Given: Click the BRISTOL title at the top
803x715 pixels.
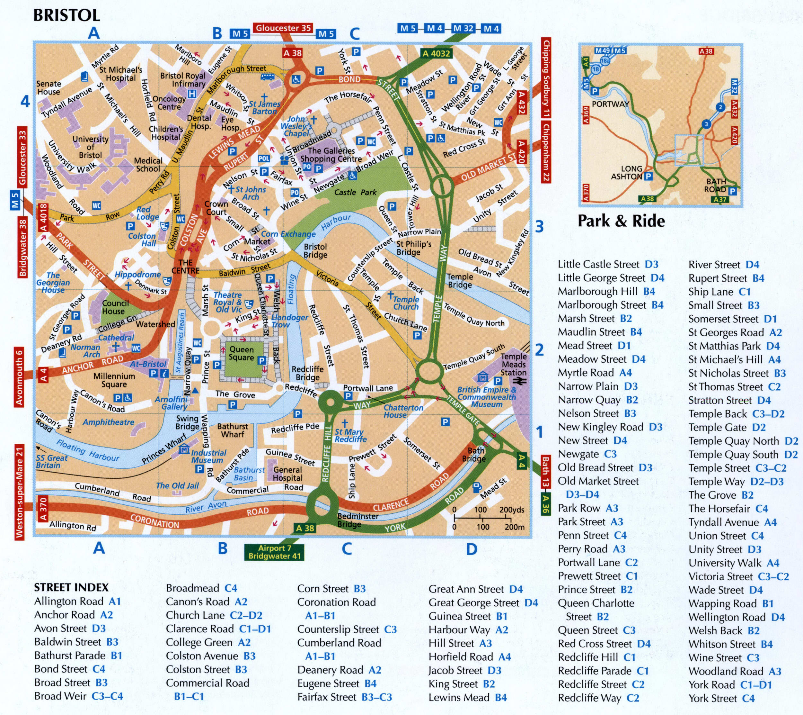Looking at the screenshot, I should click(66, 15).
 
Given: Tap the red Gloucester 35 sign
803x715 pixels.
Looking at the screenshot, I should click(282, 28).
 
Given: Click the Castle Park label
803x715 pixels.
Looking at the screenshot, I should click(355, 192).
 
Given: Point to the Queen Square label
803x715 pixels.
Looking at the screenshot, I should click(241, 353).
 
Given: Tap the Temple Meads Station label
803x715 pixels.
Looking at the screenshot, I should click(514, 364).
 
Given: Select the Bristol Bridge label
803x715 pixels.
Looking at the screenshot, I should click(315, 250).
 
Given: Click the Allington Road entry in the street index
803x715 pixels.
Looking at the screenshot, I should click(77, 601).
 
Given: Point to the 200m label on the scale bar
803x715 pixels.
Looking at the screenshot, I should click(514, 527).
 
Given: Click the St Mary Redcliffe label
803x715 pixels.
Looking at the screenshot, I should click(350, 435).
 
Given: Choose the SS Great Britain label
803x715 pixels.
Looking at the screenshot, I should click(51, 461).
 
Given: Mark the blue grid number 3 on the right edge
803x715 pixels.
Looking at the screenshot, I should click(539, 227).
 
